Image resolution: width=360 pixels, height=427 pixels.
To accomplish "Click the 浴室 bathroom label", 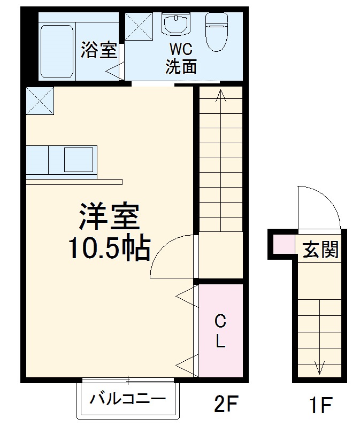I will pyautogui.click(x=99, y=50).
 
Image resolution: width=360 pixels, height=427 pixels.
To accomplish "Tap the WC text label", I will pyautogui.click(x=181, y=49).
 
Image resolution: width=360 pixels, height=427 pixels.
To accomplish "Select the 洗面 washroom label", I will pyautogui.click(x=181, y=66).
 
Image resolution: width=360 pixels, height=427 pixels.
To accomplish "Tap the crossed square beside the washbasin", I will pyautogui.click(x=139, y=25).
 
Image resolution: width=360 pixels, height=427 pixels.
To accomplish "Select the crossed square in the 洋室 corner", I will pyautogui.click(x=40, y=100).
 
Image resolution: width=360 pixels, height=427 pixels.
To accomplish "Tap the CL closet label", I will pyautogui.click(x=220, y=331).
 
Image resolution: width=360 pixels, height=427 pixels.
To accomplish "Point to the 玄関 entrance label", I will pyautogui.click(x=321, y=249).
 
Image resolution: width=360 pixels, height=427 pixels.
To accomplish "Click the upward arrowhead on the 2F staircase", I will pyautogui.click(x=220, y=95).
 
